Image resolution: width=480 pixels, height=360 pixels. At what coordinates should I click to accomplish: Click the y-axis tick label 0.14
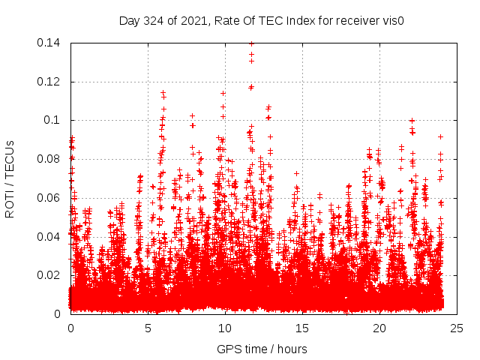[49, 43]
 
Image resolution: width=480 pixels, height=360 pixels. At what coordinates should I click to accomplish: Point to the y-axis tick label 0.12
[49, 82]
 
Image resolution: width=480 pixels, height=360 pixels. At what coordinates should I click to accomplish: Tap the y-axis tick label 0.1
[52, 120]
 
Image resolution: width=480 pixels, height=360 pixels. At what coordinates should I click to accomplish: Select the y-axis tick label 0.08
[49, 159]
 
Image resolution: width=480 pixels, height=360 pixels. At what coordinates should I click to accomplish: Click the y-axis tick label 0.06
[49, 198]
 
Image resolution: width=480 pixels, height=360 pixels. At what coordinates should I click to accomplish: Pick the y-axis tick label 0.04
[49, 236]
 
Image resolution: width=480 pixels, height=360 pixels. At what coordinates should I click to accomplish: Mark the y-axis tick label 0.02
[49, 275]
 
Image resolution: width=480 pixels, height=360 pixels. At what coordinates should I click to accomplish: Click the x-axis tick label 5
[148, 328]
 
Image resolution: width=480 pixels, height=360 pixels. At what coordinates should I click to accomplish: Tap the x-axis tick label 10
[225, 328]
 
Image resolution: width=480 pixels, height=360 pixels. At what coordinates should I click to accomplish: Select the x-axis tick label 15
[302, 328]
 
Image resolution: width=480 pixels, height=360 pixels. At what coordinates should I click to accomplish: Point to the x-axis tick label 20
[379, 328]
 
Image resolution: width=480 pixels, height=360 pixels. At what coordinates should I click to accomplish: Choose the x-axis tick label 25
[457, 328]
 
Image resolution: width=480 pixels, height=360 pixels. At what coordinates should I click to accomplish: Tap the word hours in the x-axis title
[290, 349]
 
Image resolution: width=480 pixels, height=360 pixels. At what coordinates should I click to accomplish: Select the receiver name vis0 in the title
[392, 21]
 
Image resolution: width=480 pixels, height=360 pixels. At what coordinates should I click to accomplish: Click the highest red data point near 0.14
[251, 43]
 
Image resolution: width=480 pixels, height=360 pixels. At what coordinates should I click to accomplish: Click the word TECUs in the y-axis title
[10, 157]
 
